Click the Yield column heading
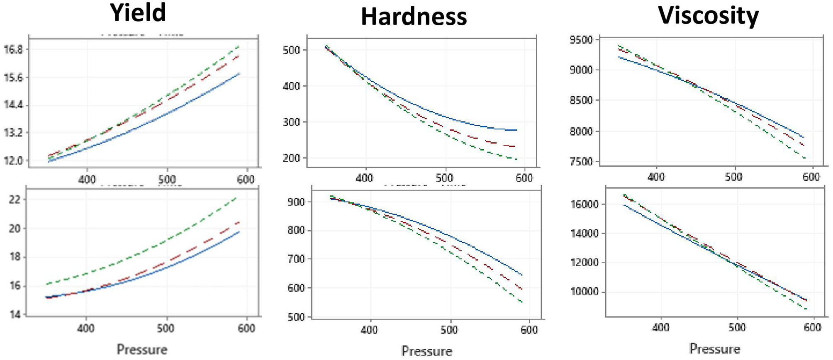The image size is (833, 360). coord(138,12)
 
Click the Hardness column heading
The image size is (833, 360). coord(414,17)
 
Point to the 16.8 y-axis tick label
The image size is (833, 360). coord(13,50)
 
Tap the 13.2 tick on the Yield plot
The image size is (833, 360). coord(13,133)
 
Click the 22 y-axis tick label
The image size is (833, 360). coord(15,199)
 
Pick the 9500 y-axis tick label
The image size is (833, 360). coord(582,40)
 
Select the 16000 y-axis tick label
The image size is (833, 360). coord(585,204)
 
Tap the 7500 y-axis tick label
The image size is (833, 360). coord(582,162)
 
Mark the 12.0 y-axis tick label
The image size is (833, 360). coord(13,161)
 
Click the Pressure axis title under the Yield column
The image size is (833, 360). coord(142,349)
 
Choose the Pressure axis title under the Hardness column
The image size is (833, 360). coord(426,351)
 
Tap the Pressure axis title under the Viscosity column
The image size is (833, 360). coord(714,348)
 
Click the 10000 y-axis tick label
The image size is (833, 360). coord(585,292)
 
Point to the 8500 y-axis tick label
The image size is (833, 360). coord(582,100)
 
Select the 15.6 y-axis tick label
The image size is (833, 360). coord(13,78)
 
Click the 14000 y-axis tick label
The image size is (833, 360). coord(585,234)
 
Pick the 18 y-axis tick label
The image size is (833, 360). coord(15,257)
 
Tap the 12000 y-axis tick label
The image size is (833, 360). coord(585,263)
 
